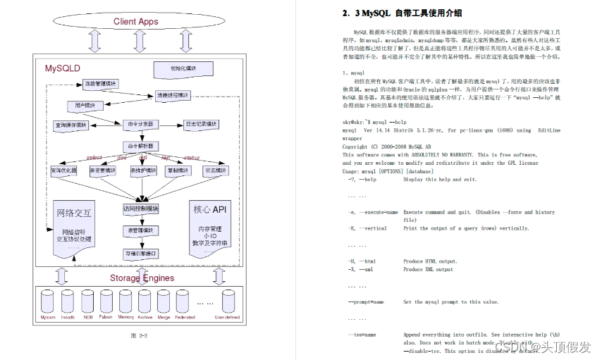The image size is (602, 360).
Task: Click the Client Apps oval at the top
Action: pyautogui.click(x=135, y=21)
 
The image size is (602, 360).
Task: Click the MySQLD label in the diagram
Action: pyautogui.click(x=63, y=68)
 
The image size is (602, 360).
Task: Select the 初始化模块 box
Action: pyautogui.click(x=173, y=68)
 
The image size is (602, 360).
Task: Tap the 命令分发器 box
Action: pyautogui.click(x=140, y=124)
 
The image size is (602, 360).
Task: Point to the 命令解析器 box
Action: pyautogui.click(x=140, y=147)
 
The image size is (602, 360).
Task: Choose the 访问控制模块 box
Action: pyautogui.click(x=141, y=209)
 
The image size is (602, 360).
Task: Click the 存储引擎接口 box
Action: pyautogui.click(x=141, y=253)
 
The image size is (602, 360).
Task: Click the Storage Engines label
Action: pyautogui.click(x=142, y=278)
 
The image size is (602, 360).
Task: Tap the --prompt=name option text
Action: pyautogui.click(x=366, y=302)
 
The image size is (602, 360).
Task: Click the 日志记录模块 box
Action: pyautogui.click(x=200, y=124)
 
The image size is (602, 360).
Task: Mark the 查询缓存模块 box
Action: pyautogui.click(x=71, y=125)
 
